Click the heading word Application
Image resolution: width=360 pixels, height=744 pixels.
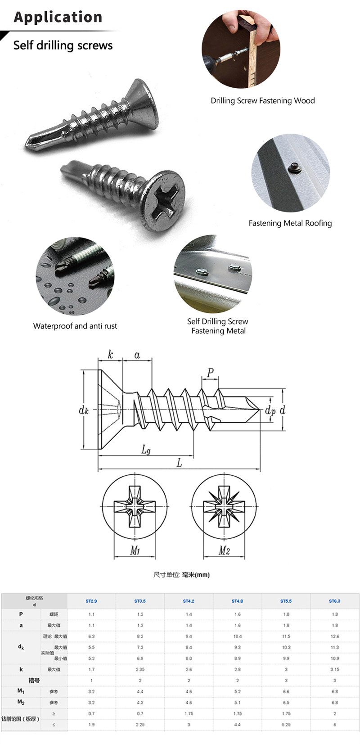coord(58,17)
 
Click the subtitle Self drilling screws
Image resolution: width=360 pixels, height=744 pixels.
coord(63,45)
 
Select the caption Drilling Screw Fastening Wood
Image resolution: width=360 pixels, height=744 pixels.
coord(262,101)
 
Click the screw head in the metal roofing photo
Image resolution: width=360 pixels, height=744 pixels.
coord(292,168)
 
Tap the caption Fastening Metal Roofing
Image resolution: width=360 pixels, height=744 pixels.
coord(290,223)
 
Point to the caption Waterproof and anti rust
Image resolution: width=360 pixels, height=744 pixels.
coord(75,326)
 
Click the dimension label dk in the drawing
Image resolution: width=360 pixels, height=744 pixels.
coord(84,410)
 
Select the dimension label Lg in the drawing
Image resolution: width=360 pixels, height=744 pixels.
coord(146,450)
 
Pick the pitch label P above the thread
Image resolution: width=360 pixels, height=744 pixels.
coord(210,373)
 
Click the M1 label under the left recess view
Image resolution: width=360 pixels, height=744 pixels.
coord(135,550)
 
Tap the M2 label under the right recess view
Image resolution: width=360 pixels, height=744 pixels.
coord(224,550)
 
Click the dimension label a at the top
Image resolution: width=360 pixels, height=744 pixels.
coord(137,355)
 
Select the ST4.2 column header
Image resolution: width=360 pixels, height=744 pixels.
coord(189,601)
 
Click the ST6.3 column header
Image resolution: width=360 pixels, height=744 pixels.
coord(334,601)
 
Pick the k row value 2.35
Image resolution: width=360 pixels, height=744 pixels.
coord(140,669)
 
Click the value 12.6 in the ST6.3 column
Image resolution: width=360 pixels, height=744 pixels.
coord(334,636)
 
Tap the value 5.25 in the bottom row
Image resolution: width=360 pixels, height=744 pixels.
coord(286,725)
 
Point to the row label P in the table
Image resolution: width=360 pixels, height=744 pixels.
coord(21,614)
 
